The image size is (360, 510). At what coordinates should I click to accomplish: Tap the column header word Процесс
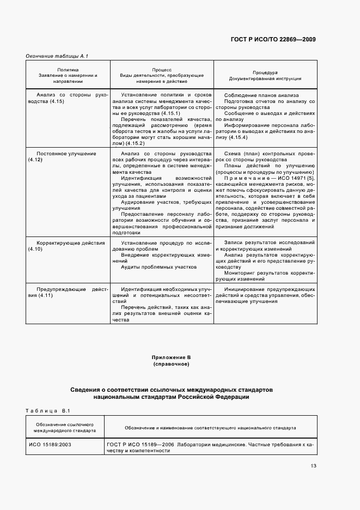coord(162,70)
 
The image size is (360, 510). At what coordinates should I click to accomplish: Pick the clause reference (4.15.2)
coord(136,143)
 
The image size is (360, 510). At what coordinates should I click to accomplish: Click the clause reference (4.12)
coord(35,160)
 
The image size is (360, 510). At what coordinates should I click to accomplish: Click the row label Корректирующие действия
coord(70,242)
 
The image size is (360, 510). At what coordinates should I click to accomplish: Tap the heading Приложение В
coord(171,357)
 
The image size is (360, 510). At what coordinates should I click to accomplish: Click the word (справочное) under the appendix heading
coord(171,363)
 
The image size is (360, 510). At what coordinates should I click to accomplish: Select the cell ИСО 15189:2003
coord(50,444)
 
